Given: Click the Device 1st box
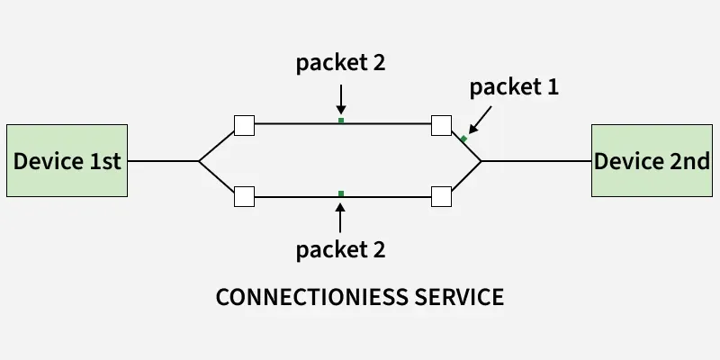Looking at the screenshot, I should (x=67, y=161).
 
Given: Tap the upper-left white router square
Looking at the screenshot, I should (x=244, y=125).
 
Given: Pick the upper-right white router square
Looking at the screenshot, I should (x=441, y=125).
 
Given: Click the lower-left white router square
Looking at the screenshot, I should (x=244, y=196).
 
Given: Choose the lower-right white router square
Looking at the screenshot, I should (x=441, y=196).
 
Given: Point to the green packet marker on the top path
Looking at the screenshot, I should (x=341, y=120).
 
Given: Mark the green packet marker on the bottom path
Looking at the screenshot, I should (x=340, y=193).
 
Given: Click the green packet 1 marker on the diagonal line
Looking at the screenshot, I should (x=463, y=139).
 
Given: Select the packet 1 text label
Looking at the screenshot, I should (x=515, y=87).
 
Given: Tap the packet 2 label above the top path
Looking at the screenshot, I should (x=341, y=64).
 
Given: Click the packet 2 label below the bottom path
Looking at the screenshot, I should (x=340, y=249).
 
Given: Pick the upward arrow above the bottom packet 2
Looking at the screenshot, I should (x=340, y=216).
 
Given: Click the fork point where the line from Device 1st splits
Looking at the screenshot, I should (x=199, y=161).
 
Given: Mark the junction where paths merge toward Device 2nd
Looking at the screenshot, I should (x=481, y=161).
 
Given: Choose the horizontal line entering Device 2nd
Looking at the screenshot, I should (x=535, y=161).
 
